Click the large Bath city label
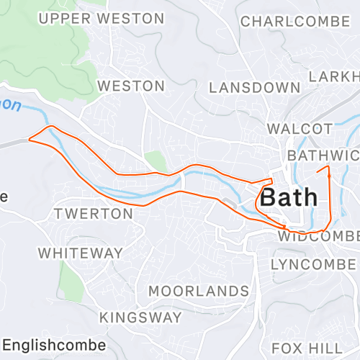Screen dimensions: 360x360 (289, 197)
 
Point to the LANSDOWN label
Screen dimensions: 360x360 (254, 88)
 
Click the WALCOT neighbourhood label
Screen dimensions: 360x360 (300, 129)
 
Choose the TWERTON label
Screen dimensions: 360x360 (94, 214)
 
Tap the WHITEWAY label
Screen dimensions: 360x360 (81, 253)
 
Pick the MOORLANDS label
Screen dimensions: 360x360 (198, 291)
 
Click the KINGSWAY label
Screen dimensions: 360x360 (140, 318)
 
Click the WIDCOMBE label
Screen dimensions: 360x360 (318, 236)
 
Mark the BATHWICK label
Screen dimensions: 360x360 (323, 156)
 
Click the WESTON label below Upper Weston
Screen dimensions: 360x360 (130, 86)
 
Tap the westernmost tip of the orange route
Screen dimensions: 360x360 (29, 139)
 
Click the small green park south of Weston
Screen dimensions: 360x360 (156, 161)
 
